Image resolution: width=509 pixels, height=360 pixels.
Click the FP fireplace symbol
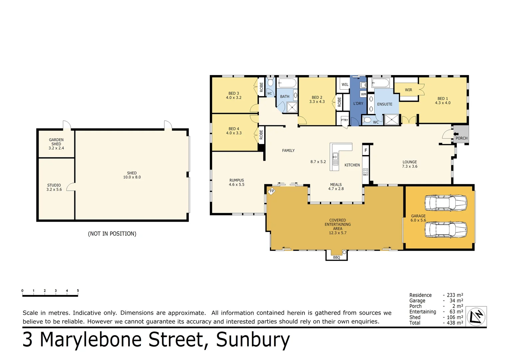[272, 191]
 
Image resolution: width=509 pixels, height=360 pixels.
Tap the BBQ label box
[336, 257]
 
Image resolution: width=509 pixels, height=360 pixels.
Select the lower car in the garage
[445, 230]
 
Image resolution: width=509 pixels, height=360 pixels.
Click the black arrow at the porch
[456, 134]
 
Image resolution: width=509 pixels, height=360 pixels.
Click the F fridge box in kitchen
[366, 150]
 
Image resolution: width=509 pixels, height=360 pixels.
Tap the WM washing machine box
[363, 94]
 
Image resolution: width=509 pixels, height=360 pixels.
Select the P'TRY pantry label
[344, 120]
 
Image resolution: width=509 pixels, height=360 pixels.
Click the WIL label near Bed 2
[345, 85]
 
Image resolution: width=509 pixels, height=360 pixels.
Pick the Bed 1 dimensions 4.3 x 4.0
[442, 103]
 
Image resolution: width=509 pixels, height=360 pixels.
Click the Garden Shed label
[56, 142]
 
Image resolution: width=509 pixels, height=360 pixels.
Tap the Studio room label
[54, 185]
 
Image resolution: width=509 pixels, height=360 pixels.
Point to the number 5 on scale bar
[78, 291]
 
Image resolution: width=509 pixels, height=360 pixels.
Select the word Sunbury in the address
[253, 340]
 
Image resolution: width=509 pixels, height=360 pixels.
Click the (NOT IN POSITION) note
[112, 234]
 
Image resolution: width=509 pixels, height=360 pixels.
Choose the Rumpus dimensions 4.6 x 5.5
[237, 185]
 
